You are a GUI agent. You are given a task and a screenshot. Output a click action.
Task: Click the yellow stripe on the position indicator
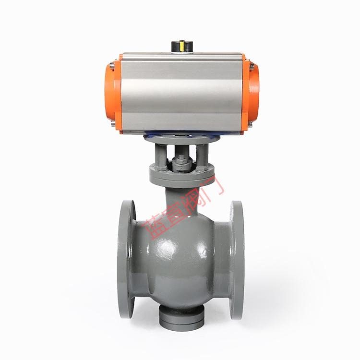[182, 46]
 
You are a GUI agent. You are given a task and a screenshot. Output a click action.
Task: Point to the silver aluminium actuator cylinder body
[181, 93]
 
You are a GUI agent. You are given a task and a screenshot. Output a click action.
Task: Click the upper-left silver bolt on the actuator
[112, 66]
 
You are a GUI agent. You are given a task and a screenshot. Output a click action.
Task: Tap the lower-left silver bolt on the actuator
[113, 123]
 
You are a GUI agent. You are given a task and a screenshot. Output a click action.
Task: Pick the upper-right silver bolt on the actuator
[252, 66]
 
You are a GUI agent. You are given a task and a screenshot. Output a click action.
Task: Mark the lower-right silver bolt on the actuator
[250, 124]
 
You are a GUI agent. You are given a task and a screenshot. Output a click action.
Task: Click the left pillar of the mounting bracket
[161, 156]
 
